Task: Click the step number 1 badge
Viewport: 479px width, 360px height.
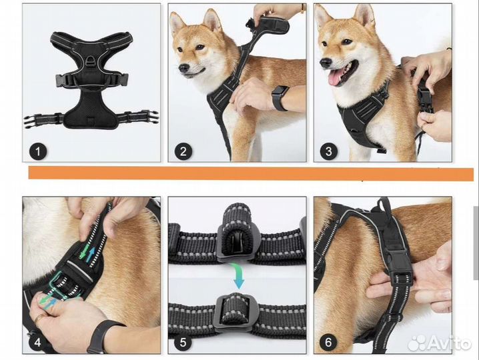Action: [x=38, y=151]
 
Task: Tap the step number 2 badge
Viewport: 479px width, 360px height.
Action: [x=183, y=151]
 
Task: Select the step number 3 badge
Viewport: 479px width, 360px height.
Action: [x=329, y=151]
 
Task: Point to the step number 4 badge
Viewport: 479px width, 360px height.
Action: [x=37, y=342]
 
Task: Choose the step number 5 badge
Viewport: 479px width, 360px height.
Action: [x=183, y=342]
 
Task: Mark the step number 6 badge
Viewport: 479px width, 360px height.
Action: [x=328, y=342]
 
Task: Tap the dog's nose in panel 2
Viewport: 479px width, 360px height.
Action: [x=183, y=68]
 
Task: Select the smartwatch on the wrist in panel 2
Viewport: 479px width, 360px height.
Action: [x=280, y=98]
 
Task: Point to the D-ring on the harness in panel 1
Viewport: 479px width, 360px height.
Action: [x=91, y=60]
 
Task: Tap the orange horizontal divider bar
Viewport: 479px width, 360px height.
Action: [x=251, y=173]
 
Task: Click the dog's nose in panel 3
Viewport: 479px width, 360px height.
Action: [x=326, y=63]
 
